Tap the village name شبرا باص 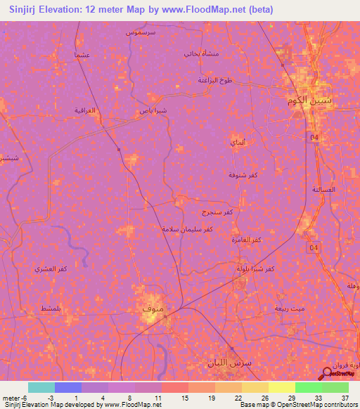[x=152, y=110]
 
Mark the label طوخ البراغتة [x=214, y=81]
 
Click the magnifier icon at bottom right [x=328, y=374]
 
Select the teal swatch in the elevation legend [x=41, y=387]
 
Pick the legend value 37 [x=345, y=397]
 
